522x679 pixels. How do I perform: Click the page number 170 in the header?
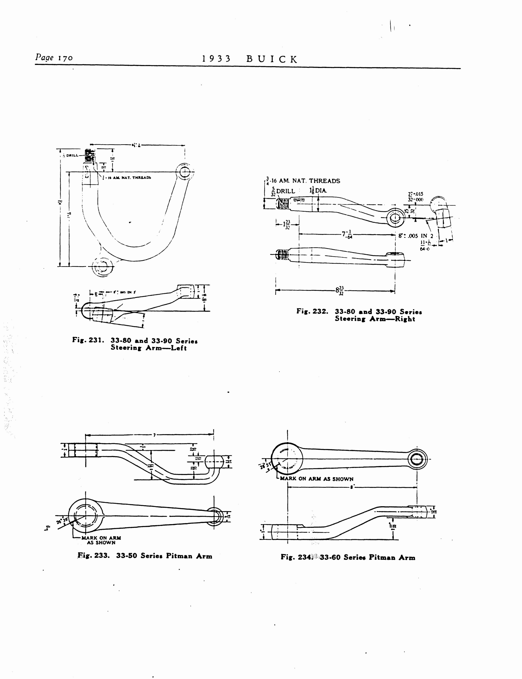coord(64,58)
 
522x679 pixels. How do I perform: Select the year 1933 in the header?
coord(216,59)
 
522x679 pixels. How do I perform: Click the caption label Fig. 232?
coord(312,311)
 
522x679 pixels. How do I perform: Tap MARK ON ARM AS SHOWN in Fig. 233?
coord(101,540)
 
